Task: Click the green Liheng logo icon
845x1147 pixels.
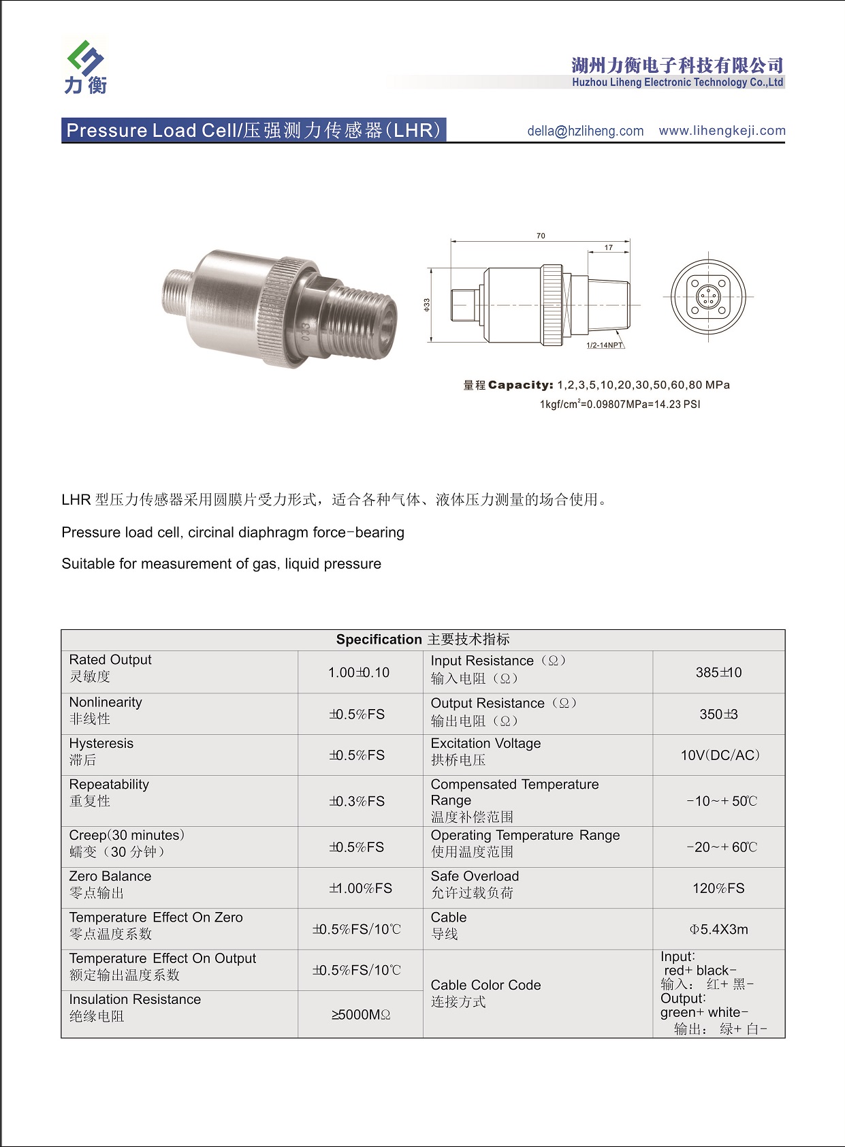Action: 86,57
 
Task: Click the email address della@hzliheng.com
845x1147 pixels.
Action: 585,131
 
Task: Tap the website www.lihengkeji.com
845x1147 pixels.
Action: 722,130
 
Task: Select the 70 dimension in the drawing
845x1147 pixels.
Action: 541,236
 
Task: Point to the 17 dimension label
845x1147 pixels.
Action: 609,247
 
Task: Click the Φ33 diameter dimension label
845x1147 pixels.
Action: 427,304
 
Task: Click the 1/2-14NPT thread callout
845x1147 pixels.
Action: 605,345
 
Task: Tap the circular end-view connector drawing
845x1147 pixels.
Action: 708,297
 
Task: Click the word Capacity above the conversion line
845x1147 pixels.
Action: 521,385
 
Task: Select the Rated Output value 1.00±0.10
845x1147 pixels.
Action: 359,672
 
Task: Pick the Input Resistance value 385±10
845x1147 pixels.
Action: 718,672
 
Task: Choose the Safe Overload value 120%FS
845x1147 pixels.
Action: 718,888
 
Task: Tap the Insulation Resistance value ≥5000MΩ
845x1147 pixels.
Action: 361,1015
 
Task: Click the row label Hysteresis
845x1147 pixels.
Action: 101,743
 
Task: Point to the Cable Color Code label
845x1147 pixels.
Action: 485,985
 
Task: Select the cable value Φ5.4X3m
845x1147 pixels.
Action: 718,929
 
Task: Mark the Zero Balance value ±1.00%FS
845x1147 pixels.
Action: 360,888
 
